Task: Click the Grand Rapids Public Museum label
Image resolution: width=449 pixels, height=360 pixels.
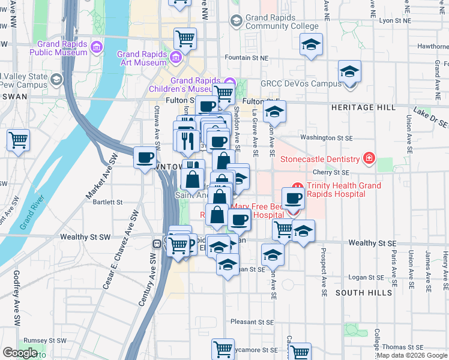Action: [62, 48]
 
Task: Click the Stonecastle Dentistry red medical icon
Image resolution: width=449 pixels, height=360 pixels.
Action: [369, 159]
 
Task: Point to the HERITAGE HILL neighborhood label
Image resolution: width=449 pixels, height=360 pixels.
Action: [363, 107]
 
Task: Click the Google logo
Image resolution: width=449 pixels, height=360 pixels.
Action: [20, 353]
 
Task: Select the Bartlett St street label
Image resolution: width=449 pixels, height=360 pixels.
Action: [108, 202]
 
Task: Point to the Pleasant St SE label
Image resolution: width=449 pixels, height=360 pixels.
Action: [253, 322]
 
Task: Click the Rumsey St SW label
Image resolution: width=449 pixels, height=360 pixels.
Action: [49, 340]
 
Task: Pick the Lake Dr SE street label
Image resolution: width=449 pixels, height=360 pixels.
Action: [430, 116]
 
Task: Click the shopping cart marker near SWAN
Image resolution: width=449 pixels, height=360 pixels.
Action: [19, 140]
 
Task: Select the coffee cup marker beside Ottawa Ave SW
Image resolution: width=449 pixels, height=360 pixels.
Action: [145, 158]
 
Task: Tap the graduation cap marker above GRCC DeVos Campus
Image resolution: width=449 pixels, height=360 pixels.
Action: [349, 72]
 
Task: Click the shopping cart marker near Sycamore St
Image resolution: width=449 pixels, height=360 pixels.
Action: [223, 348]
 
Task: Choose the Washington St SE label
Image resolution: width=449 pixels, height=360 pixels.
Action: [326, 137]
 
